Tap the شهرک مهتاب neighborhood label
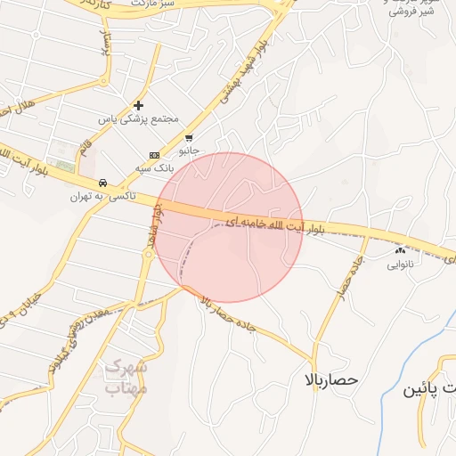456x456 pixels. click(126, 377)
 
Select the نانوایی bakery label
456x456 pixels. click(398, 265)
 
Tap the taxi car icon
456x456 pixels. click(103, 182)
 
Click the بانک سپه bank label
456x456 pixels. click(153, 167)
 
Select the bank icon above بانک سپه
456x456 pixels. click(153, 155)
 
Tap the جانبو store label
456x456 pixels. click(190, 151)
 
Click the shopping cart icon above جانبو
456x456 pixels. click(189, 138)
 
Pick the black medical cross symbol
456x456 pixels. click(138, 105)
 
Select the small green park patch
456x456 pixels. click(63, 165)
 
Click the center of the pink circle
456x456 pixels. click(230, 227)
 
